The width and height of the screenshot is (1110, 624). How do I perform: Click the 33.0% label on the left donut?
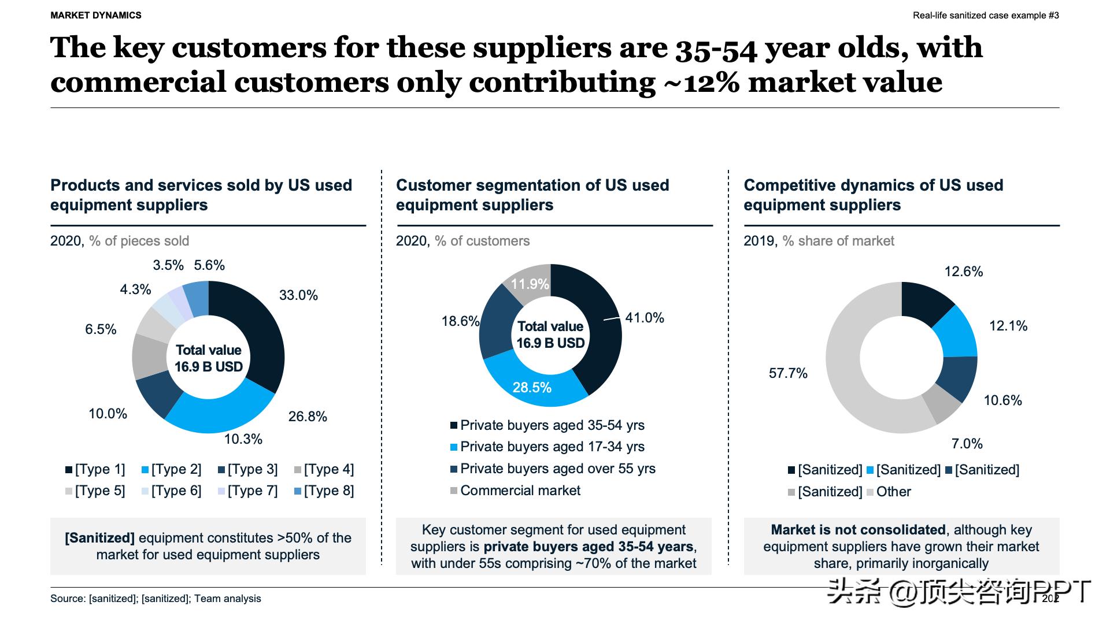pos(298,295)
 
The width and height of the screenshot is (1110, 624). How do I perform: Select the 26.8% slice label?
pos(308,417)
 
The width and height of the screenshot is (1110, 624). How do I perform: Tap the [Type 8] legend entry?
pos(324,491)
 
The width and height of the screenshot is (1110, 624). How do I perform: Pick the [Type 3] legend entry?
pos(248,469)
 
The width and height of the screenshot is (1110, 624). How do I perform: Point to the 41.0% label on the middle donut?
pos(645,318)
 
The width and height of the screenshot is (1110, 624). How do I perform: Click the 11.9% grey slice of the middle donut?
pos(530,283)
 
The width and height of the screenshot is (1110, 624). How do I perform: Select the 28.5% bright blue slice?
pos(532,387)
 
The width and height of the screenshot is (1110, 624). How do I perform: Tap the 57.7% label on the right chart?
pos(788,373)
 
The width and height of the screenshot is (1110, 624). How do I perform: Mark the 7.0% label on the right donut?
pos(967,444)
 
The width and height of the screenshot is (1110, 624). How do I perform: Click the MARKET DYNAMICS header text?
pos(96,16)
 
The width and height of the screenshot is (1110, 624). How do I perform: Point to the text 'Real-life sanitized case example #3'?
pos(986,16)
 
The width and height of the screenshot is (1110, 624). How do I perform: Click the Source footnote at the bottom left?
pos(156,599)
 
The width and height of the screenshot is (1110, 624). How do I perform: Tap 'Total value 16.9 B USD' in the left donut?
pos(209,358)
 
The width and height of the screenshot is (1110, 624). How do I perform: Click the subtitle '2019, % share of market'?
pos(819,241)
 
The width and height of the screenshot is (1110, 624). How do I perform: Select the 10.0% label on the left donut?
pos(108,414)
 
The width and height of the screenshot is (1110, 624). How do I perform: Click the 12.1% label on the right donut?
pos(1008,326)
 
